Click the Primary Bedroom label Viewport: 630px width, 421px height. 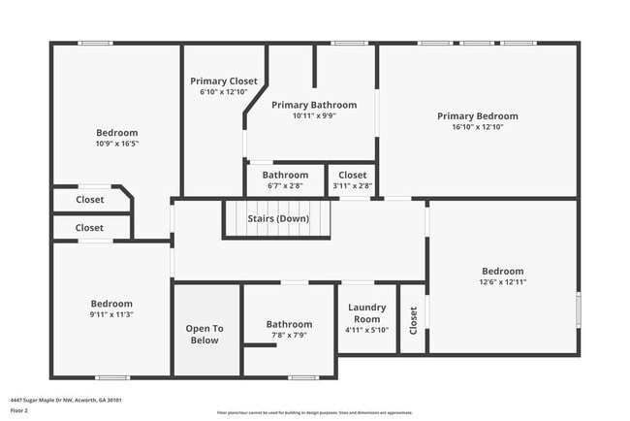point(478,115)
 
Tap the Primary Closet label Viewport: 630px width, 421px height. point(224,81)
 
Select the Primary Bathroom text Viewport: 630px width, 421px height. point(314,105)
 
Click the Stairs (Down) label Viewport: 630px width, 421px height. point(278,218)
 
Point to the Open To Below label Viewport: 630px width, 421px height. point(205,335)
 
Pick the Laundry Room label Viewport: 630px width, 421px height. point(366,313)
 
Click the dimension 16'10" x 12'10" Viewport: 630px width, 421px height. point(478,127)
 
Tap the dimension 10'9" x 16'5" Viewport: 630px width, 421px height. point(116,144)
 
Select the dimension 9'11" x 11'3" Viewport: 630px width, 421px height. point(111,314)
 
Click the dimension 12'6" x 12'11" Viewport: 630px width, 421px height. point(503,282)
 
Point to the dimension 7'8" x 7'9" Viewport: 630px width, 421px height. point(289,336)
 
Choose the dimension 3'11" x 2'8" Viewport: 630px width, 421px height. point(352,185)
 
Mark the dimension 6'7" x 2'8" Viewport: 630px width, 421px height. point(285,185)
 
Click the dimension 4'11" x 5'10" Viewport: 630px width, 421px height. point(366,330)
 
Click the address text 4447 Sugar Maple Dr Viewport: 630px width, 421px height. point(66,400)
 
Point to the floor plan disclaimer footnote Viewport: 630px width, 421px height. point(314,411)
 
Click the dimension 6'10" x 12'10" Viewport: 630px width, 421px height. point(224,92)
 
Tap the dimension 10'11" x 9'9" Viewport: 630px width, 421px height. point(314,115)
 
